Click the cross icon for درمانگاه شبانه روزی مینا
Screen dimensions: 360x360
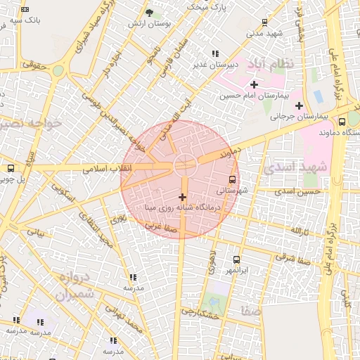click(183, 197)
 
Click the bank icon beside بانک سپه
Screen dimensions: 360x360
click(25, 9)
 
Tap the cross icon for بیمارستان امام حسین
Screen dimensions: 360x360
click(254, 84)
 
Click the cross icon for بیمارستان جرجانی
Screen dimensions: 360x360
click(299, 105)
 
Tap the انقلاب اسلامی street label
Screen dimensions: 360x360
click(103, 169)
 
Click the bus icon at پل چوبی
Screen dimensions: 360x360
click(10, 168)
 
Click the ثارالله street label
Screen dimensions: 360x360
click(299, 231)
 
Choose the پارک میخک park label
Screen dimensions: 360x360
click(205, 6)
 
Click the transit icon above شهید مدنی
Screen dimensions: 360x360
click(264, 22)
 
